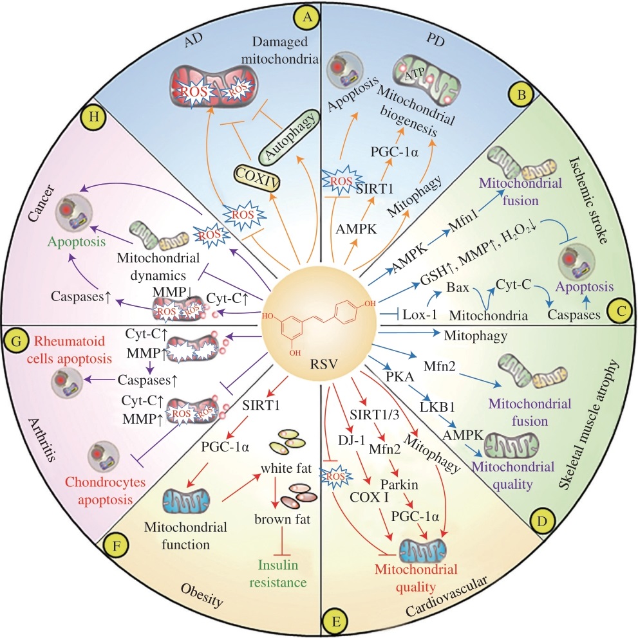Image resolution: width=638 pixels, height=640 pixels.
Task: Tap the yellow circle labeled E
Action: [x=336, y=621]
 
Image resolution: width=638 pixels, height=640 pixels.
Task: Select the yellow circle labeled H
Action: [x=93, y=117]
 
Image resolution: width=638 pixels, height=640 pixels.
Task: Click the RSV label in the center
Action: [x=324, y=363]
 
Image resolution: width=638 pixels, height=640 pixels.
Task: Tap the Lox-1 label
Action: [x=420, y=315]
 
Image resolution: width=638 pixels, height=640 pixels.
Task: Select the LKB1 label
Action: [x=437, y=407]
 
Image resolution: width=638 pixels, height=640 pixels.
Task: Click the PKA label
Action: [x=400, y=376]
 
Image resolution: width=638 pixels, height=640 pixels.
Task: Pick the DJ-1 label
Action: [x=352, y=440]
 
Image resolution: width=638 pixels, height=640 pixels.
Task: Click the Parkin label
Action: [x=399, y=484]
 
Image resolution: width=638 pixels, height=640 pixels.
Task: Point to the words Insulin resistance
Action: [x=278, y=574]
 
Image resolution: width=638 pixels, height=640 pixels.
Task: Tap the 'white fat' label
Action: [x=286, y=468]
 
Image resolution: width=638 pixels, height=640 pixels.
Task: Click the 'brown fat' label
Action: [x=282, y=519]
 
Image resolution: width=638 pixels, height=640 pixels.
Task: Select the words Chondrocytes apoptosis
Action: [x=106, y=491]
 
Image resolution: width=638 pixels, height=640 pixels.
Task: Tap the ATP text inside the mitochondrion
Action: [x=415, y=75]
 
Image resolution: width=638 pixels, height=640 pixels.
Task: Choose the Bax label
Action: [x=458, y=287]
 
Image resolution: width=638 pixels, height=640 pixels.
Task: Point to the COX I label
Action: [x=369, y=497]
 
